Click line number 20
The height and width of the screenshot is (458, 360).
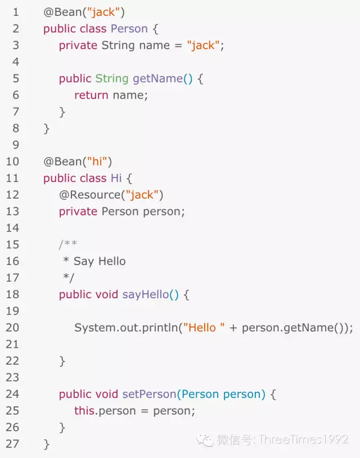pyautogui.click(x=12, y=327)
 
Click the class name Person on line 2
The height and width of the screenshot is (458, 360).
pyautogui.click(x=129, y=29)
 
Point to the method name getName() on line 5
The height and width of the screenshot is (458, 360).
pyautogui.click(x=163, y=79)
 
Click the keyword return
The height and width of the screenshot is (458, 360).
pyautogui.click(x=91, y=95)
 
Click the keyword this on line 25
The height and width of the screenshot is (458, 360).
pyautogui.click(x=84, y=411)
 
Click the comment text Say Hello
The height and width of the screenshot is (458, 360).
pyautogui.click(x=99, y=261)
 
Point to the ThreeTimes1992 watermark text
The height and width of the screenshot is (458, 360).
pyautogui.click(x=303, y=439)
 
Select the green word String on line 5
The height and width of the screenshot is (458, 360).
pyautogui.click(x=111, y=79)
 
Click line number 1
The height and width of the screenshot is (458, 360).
pyautogui.click(x=15, y=12)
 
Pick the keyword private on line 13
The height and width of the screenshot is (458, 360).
pyautogui.click(x=78, y=212)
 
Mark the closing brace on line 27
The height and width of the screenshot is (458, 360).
pyautogui.click(x=47, y=444)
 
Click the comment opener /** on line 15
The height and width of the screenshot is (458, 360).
pyautogui.click(x=68, y=245)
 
